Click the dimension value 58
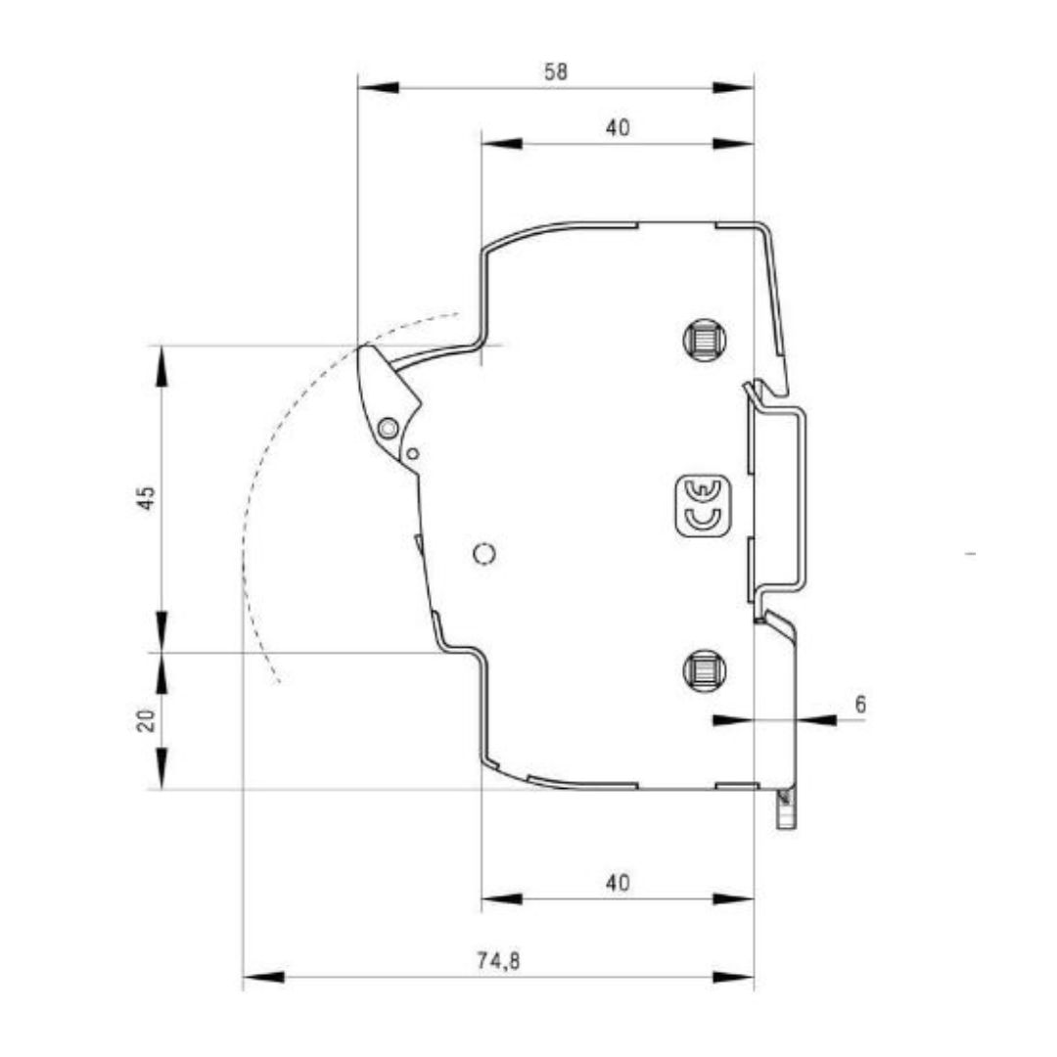point(556,71)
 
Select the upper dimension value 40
point(617,127)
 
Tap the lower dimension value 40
point(617,883)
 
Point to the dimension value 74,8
point(499,961)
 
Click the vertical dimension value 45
point(146,497)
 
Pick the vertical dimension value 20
point(146,721)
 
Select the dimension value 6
point(860,704)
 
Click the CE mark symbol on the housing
point(704,505)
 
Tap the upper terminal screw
point(704,341)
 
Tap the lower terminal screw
point(704,670)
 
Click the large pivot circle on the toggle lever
point(388,428)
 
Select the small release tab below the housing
point(785,810)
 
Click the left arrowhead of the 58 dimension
point(378,88)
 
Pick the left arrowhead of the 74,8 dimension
point(262,977)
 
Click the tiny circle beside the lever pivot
point(413,453)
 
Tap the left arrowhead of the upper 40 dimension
point(501,144)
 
